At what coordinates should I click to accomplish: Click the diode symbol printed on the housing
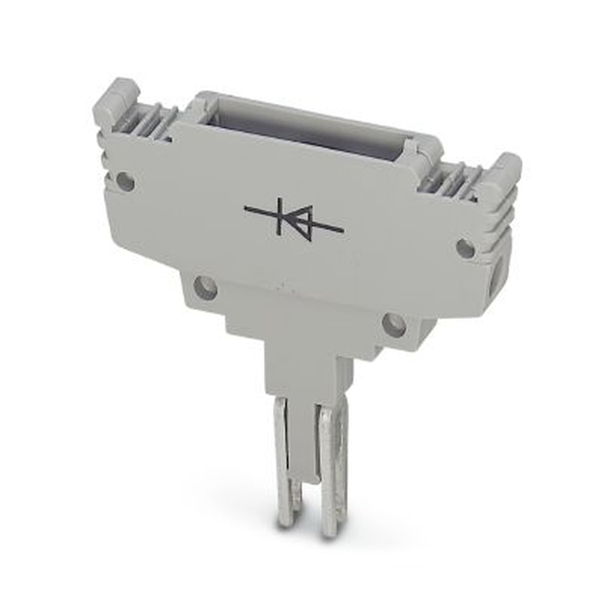point(293,219)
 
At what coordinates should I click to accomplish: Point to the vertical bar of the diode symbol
point(280,216)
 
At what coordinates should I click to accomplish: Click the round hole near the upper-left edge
point(125,181)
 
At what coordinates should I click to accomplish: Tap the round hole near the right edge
point(465,248)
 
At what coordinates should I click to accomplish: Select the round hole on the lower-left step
point(205,288)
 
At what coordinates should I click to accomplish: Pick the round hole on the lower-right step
point(394,325)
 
